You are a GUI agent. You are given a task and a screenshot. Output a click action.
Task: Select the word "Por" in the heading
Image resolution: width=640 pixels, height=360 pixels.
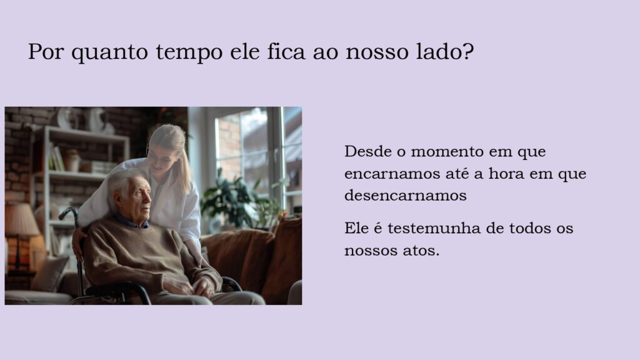pyautogui.click(x=46, y=51)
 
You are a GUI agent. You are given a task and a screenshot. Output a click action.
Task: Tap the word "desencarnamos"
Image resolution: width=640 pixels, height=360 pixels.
pyautogui.click(x=405, y=196)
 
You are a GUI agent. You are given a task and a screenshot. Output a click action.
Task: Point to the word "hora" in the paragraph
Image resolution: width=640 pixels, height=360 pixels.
pyautogui.click(x=506, y=174)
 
